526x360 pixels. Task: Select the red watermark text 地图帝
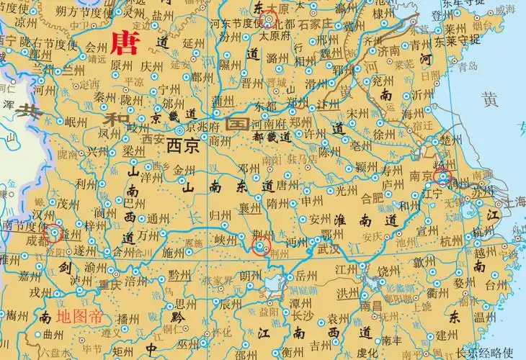click(79, 315)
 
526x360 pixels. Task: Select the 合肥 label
click(373, 195)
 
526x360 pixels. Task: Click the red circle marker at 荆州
click(262, 249)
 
